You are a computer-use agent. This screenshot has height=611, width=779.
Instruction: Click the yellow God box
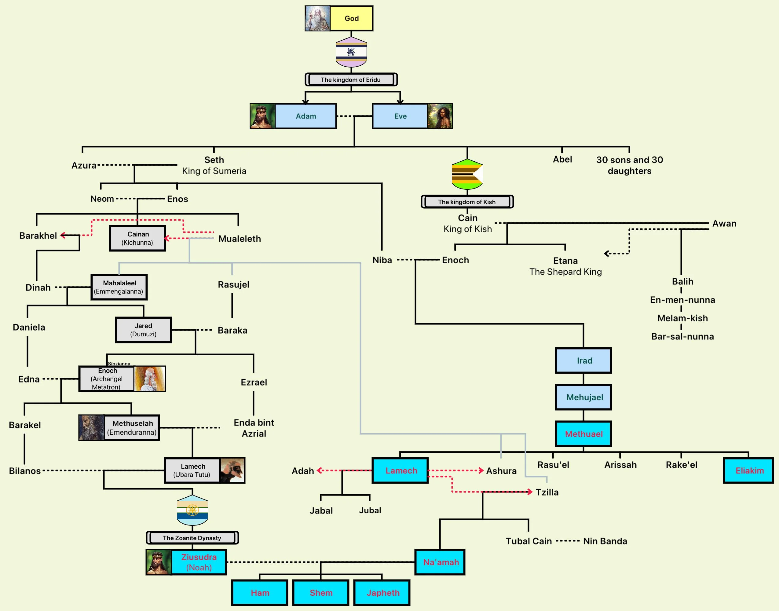(351, 18)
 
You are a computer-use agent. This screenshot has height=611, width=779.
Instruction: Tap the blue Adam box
(305, 116)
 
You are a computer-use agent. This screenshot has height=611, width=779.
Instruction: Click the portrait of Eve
(440, 116)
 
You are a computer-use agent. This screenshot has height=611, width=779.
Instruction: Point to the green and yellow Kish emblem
(467, 174)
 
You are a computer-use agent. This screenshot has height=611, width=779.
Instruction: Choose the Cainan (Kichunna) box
(137, 238)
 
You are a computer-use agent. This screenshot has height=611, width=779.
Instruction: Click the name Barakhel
(38, 235)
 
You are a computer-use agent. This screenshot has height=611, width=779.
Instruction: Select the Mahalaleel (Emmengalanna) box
(119, 287)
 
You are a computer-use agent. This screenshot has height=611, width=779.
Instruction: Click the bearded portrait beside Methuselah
(92, 427)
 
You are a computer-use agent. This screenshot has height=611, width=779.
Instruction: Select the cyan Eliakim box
(748, 470)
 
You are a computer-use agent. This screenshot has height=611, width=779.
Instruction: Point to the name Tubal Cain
(528, 541)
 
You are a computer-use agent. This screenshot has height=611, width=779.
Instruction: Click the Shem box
(320, 592)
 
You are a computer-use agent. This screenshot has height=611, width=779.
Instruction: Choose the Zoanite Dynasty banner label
(192, 538)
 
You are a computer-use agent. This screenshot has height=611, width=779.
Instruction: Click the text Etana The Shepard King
(565, 266)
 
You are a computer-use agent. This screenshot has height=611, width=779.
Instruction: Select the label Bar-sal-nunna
(682, 336)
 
